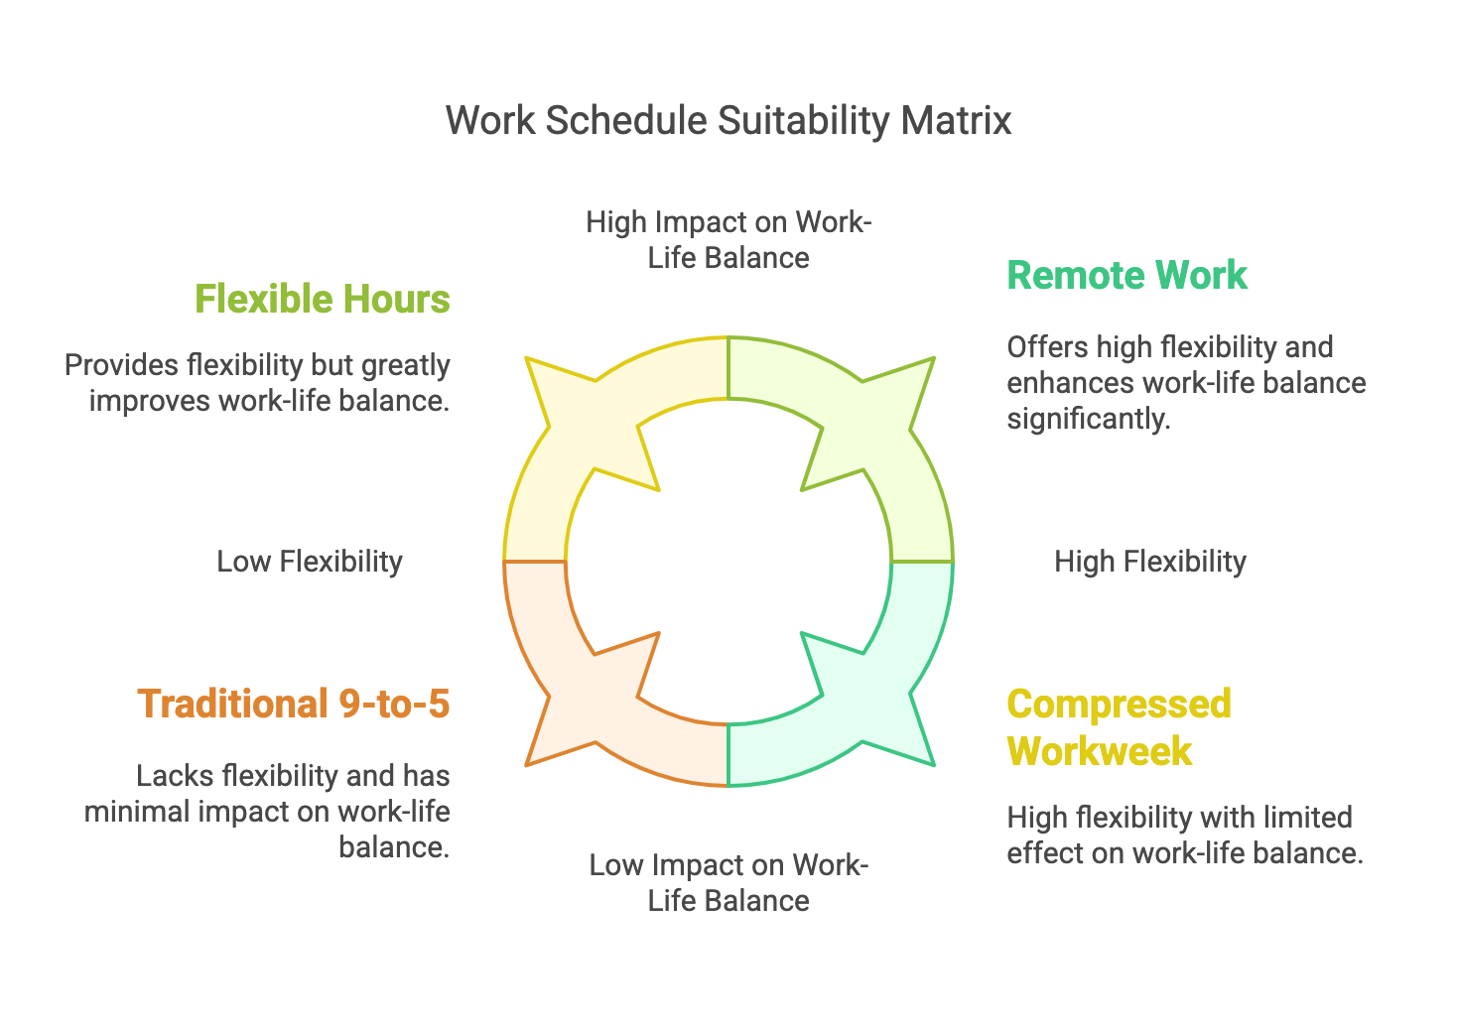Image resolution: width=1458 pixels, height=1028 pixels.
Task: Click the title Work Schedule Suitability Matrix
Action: pos(729,120)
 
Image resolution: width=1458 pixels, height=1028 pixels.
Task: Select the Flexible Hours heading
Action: pos(323,299)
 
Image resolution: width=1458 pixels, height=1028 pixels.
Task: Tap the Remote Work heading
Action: pos(1127,275)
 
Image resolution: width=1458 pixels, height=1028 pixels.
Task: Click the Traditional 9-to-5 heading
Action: pos(294,704)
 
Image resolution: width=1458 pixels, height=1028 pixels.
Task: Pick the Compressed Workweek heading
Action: pos(1119,727)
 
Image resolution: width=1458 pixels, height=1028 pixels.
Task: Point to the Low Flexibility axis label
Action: pos(310,562)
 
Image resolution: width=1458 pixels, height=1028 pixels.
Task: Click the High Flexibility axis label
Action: pos(1149,562)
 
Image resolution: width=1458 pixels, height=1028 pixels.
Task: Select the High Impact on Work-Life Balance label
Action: pos(729,239)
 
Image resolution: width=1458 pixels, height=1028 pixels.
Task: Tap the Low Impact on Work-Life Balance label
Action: pos(729,882)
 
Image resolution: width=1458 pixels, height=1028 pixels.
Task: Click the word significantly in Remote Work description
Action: pos(1088,419)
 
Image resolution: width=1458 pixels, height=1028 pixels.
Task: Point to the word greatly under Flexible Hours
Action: pos(404,365)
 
